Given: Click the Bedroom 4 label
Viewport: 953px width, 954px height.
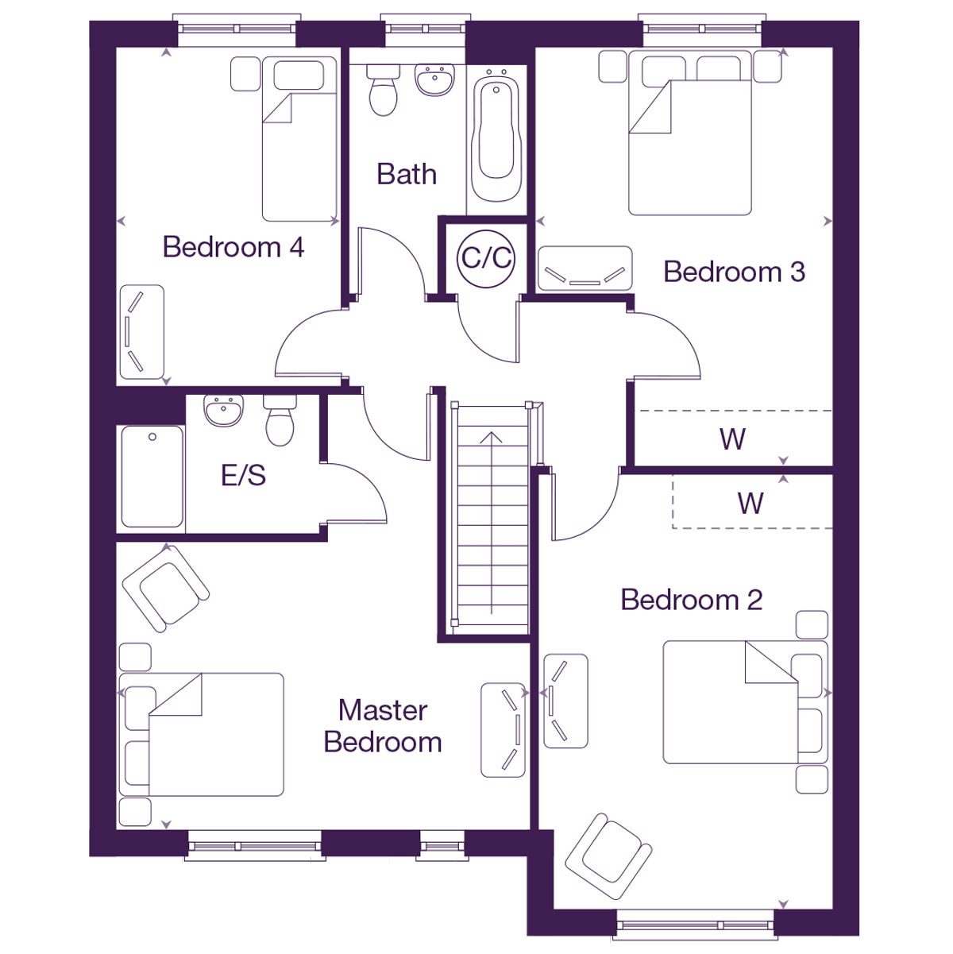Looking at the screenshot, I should coord(233,247).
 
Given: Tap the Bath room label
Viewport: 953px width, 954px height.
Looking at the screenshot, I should coord(407,174).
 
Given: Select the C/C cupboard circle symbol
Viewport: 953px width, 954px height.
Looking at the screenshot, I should coord(487,257).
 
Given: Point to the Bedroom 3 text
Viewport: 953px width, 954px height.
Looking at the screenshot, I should coord(734,272).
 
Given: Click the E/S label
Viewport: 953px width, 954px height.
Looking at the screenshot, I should coord(243,475).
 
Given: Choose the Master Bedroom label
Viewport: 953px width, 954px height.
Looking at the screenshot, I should coord(383,726).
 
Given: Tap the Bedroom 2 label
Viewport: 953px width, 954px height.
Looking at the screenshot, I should coord(691,600).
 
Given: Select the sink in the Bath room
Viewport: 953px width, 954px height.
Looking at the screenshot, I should coord(435,80).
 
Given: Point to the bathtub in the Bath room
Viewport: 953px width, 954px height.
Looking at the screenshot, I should coord(496,135).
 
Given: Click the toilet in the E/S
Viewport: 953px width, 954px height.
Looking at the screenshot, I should coord(280,420).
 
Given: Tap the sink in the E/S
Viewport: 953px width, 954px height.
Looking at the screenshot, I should coord(223,411).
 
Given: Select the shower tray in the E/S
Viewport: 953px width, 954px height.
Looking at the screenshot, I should coord(152,477).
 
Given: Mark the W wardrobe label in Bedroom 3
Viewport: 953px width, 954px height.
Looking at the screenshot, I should coord(732,439).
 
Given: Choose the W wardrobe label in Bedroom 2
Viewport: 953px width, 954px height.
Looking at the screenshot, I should coord(750,503).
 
